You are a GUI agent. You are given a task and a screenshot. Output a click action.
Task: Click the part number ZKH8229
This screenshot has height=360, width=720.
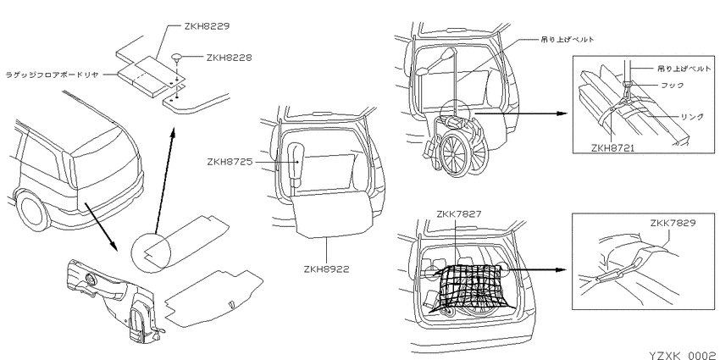206,26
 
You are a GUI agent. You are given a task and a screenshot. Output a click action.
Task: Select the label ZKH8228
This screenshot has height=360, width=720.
230,58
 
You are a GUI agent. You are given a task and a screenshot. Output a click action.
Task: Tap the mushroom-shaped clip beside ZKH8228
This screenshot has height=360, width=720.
177,58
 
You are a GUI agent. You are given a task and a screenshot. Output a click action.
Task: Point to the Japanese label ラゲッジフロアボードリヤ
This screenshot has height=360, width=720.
52,75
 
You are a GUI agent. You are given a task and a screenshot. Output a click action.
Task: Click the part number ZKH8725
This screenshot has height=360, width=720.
230,162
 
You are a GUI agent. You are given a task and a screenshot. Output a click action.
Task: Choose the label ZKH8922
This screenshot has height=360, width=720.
326,269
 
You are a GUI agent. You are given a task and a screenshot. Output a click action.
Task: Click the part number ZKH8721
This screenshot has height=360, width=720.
612,148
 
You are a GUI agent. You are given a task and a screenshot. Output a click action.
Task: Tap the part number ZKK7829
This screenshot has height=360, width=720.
673,223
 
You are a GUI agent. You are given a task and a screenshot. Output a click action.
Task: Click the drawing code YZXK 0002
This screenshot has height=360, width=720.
684,356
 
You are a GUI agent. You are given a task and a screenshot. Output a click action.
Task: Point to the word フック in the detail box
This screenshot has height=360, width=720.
672,86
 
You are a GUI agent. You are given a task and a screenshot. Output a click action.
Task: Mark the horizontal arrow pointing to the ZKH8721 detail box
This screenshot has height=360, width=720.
521,113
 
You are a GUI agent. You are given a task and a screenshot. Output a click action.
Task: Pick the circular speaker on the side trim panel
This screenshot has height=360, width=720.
91,279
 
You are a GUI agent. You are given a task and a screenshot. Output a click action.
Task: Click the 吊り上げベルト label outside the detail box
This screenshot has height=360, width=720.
568,40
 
